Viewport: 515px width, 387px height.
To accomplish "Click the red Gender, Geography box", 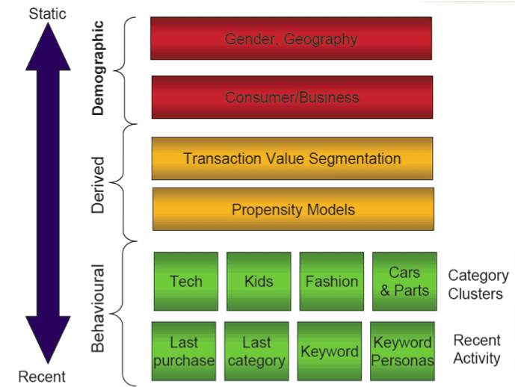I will [x=291, y=38].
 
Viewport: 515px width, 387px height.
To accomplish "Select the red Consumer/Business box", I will [x=292, y=97].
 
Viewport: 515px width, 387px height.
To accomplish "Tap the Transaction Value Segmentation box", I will [x=292, y=158].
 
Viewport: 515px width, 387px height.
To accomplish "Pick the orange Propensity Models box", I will [x=293, y=209].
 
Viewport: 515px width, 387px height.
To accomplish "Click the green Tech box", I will [x=186, y=281].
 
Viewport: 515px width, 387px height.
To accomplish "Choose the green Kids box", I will [x=259, y=281].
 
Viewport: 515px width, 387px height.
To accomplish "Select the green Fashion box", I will [x=331, y=281].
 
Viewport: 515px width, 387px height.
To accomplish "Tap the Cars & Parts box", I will [x=404, y=281].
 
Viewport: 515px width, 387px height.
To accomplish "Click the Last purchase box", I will [x=183, y=351].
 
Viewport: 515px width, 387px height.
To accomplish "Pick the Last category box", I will [x=256, y=351].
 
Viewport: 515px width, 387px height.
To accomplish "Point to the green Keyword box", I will [x=329, y=351].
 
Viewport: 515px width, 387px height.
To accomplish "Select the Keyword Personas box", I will [x=402, y=351].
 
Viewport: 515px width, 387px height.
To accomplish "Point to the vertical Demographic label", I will [x=98, y=68].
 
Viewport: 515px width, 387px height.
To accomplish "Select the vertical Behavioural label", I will [x=98, y=307].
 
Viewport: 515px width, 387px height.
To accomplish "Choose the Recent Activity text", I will [x=477, y=349].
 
